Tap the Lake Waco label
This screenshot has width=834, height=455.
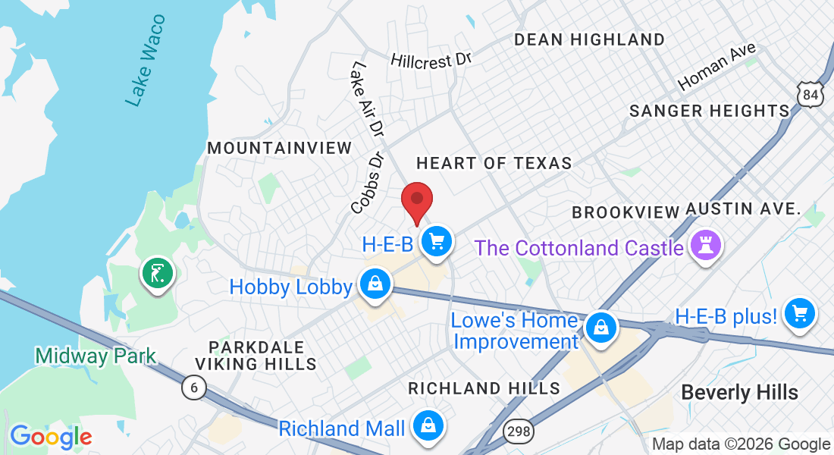pos(146,61)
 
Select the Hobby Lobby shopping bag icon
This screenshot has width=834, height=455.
pos(375,284)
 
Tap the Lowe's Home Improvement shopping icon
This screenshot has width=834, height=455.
pos(600,328)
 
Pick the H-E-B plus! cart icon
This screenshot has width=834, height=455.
pos(800,312)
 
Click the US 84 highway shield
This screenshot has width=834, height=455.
pos(810,94)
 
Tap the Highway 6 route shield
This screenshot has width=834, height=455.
pos(194,388)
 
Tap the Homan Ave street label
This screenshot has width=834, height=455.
pos(717,67)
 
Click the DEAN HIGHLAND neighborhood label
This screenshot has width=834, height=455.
pos(589,39)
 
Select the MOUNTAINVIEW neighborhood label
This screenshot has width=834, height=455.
pos(280,147)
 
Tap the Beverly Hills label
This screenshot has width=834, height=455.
pos(739,392)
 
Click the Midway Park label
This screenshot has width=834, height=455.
pos(96,355)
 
